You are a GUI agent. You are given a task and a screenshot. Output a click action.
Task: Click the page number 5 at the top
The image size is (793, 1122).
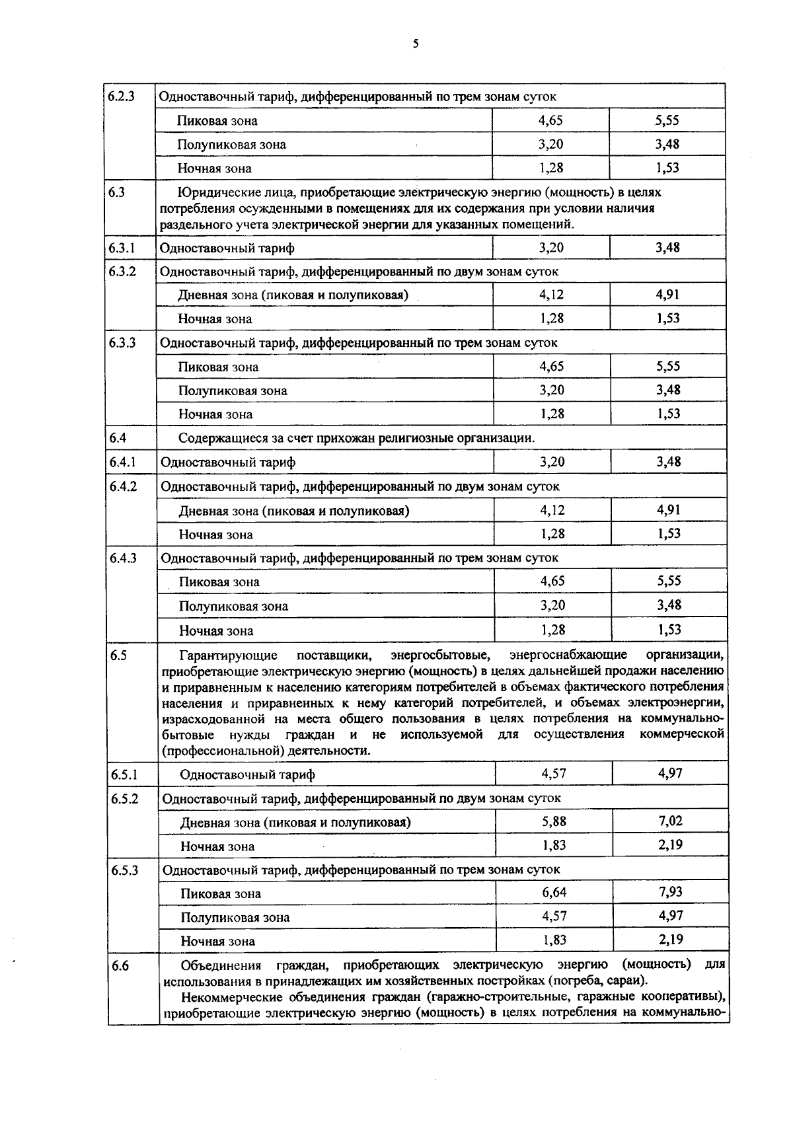415,44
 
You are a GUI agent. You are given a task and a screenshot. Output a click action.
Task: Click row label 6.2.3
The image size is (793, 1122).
122,96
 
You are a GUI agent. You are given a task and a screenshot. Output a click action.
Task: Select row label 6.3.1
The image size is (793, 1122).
122,248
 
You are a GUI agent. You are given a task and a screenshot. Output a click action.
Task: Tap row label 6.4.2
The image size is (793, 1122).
123,486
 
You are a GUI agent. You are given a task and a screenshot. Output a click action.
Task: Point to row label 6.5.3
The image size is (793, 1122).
124,870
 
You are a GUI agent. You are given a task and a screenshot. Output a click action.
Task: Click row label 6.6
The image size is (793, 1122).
120,966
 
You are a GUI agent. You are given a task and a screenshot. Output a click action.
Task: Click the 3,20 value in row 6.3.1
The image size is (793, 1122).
551,247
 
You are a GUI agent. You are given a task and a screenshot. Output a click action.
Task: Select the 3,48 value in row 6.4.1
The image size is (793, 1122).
668,461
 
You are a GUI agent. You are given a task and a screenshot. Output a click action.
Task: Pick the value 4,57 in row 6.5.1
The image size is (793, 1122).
554,773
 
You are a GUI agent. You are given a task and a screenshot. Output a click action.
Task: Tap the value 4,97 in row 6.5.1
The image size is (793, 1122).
670,773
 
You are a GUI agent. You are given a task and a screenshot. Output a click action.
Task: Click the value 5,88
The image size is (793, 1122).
554,821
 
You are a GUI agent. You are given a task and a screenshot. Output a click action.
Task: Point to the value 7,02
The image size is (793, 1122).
670,821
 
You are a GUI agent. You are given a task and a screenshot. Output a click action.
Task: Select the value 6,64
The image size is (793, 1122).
554,893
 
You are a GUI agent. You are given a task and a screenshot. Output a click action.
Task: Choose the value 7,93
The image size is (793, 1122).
670,892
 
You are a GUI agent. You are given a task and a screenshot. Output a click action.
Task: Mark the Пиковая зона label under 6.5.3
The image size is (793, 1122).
221,894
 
